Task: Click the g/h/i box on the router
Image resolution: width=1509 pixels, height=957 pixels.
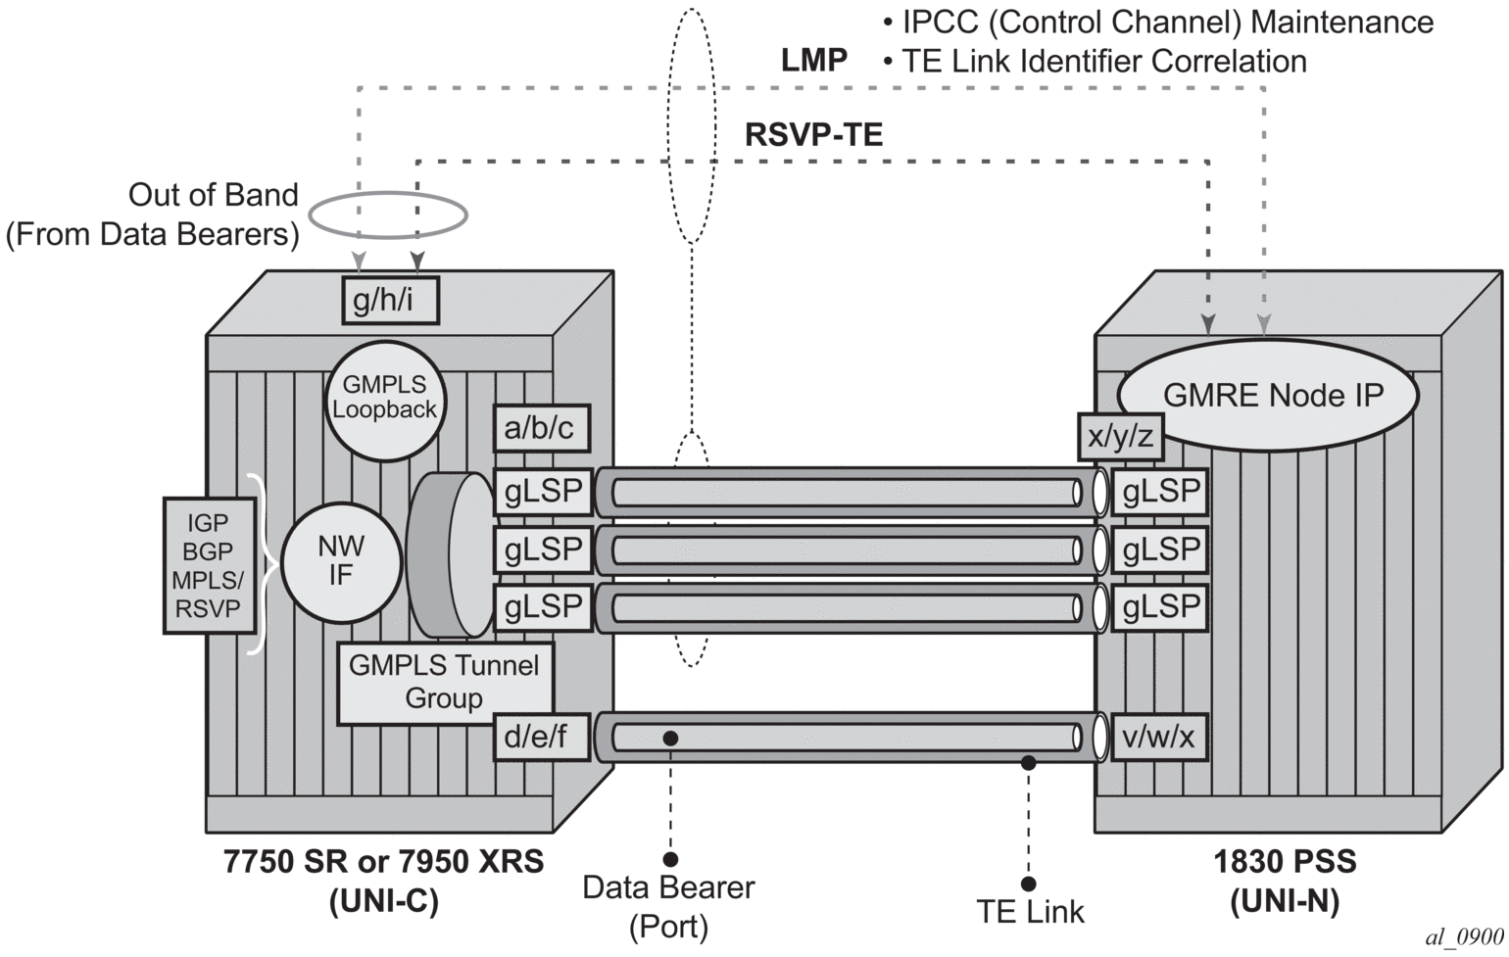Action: coord(390,300)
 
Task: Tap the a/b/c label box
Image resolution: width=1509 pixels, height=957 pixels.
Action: coord(539,428)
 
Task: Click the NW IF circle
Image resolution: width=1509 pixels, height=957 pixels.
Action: coord(341,560)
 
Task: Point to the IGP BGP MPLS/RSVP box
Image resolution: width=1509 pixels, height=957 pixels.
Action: coord(208,565)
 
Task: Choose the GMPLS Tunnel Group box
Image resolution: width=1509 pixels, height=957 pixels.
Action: coord(444,682)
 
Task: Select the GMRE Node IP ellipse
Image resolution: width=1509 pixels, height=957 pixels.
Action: coord(1272,395)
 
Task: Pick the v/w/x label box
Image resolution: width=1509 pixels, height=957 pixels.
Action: coord(1159,737)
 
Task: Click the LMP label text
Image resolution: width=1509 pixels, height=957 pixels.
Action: coord(814,61)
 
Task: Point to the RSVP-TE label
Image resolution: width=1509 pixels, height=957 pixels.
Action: coord(813,134)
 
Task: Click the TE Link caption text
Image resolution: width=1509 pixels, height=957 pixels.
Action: coord(1031,912)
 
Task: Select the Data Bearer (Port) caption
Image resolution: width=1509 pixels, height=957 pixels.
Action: coord(668,905)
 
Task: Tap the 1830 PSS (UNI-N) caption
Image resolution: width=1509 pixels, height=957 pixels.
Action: coord(1285,881)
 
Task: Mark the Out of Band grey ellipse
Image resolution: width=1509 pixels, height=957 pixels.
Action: coord(388,215)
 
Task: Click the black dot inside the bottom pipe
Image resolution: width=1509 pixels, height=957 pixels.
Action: coord(670,737)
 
